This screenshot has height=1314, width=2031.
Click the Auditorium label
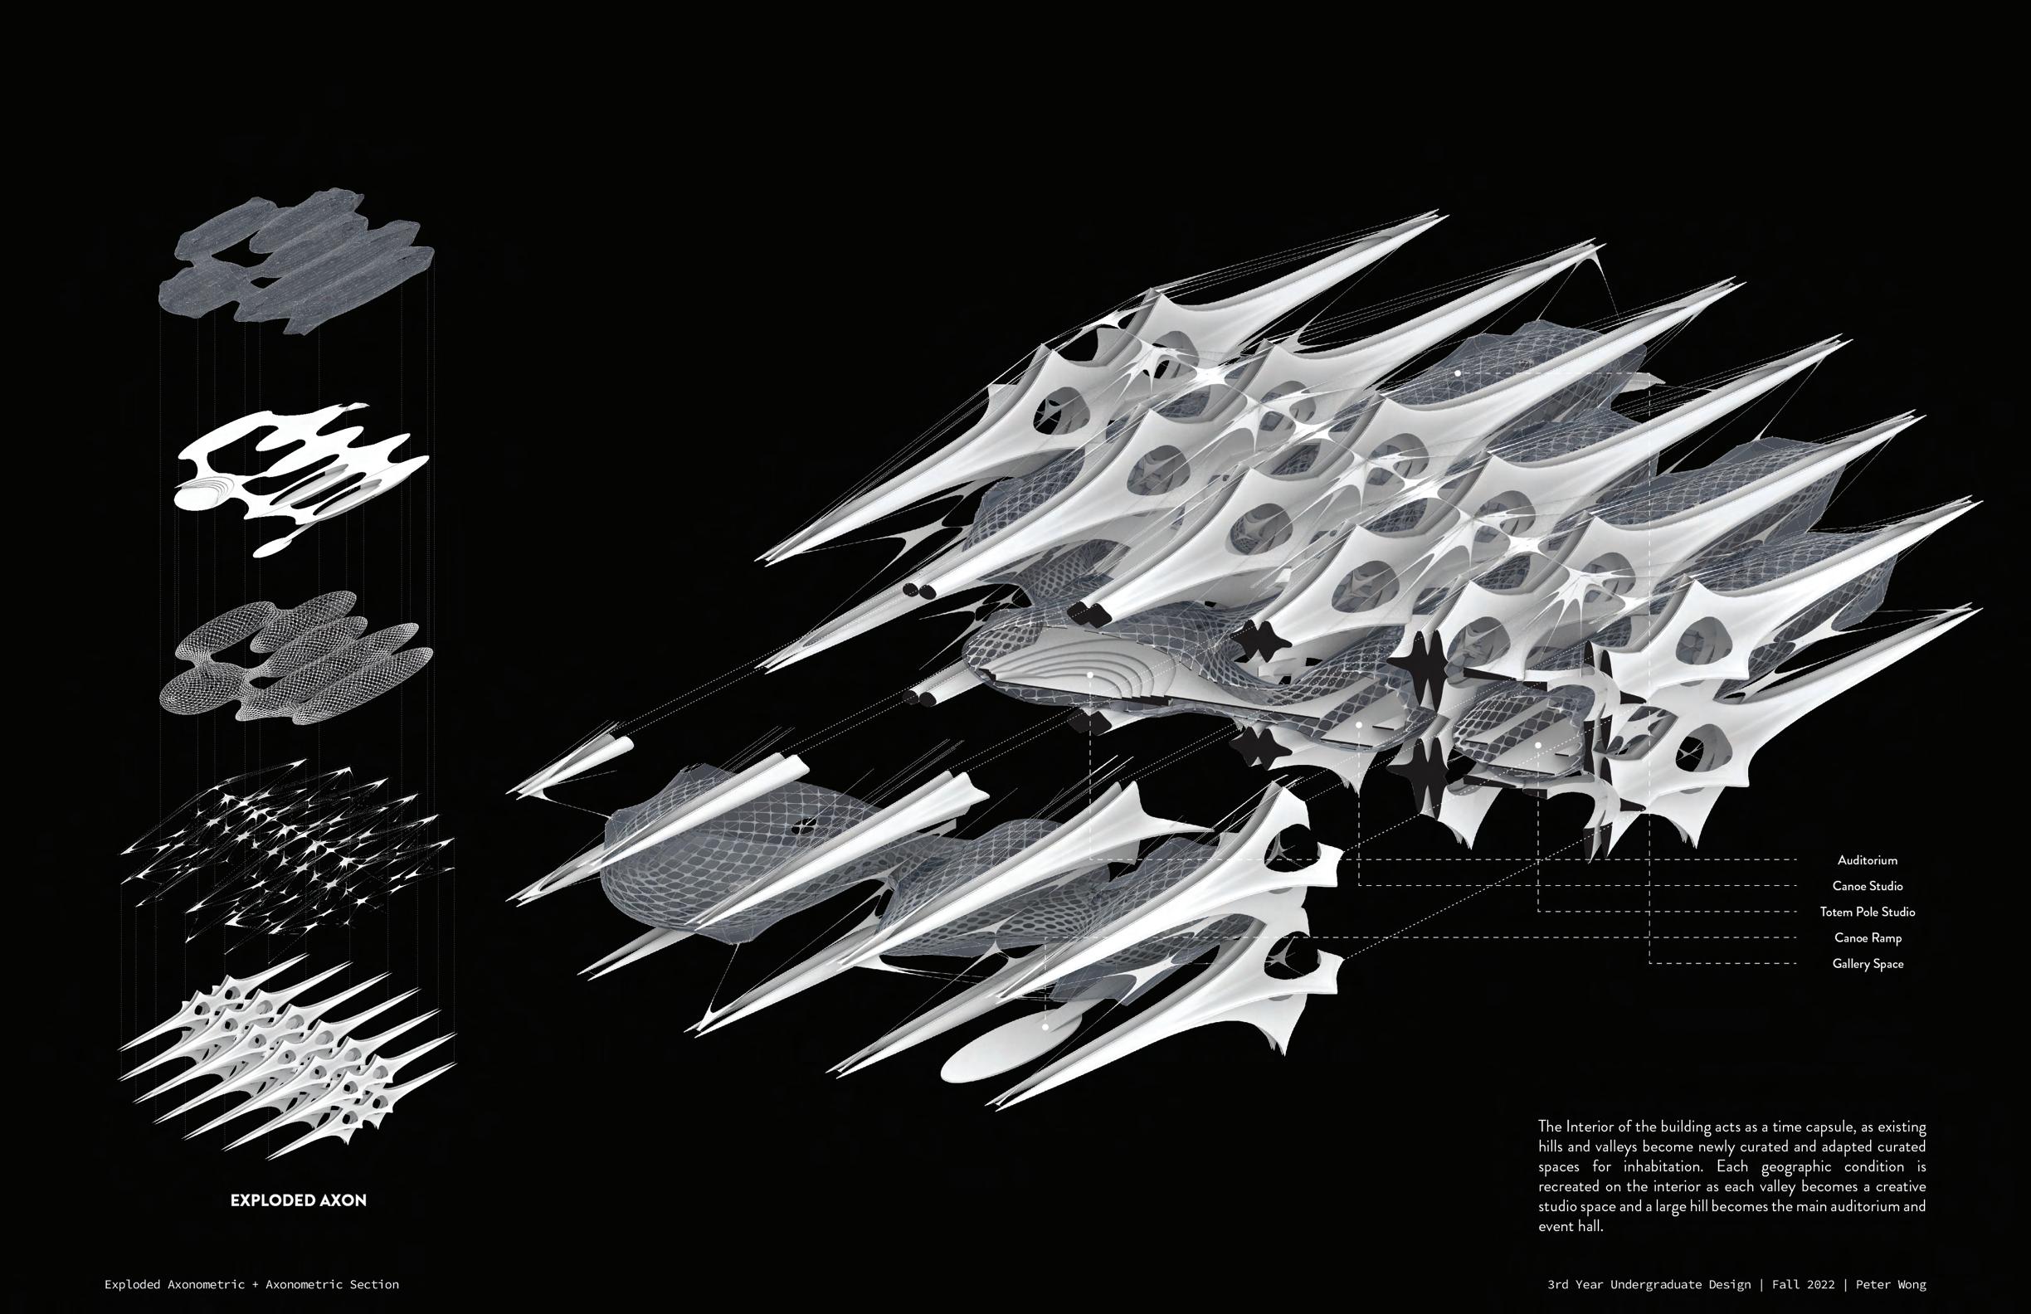click(x=1868, y=860)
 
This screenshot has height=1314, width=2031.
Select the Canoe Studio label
click(x=1868, y=886)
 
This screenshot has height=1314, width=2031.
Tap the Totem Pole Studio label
click(x=1868, y=912)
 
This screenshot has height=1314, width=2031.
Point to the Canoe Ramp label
click(x=1868, y=937)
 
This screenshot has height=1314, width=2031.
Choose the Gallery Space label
click(x=1868, y=963)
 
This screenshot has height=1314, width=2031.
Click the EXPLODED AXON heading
click(x=298, y=1200)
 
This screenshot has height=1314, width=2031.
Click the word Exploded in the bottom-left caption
click(x=137, y=1283)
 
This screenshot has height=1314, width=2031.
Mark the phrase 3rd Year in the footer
click(x=1576, y=1283)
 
